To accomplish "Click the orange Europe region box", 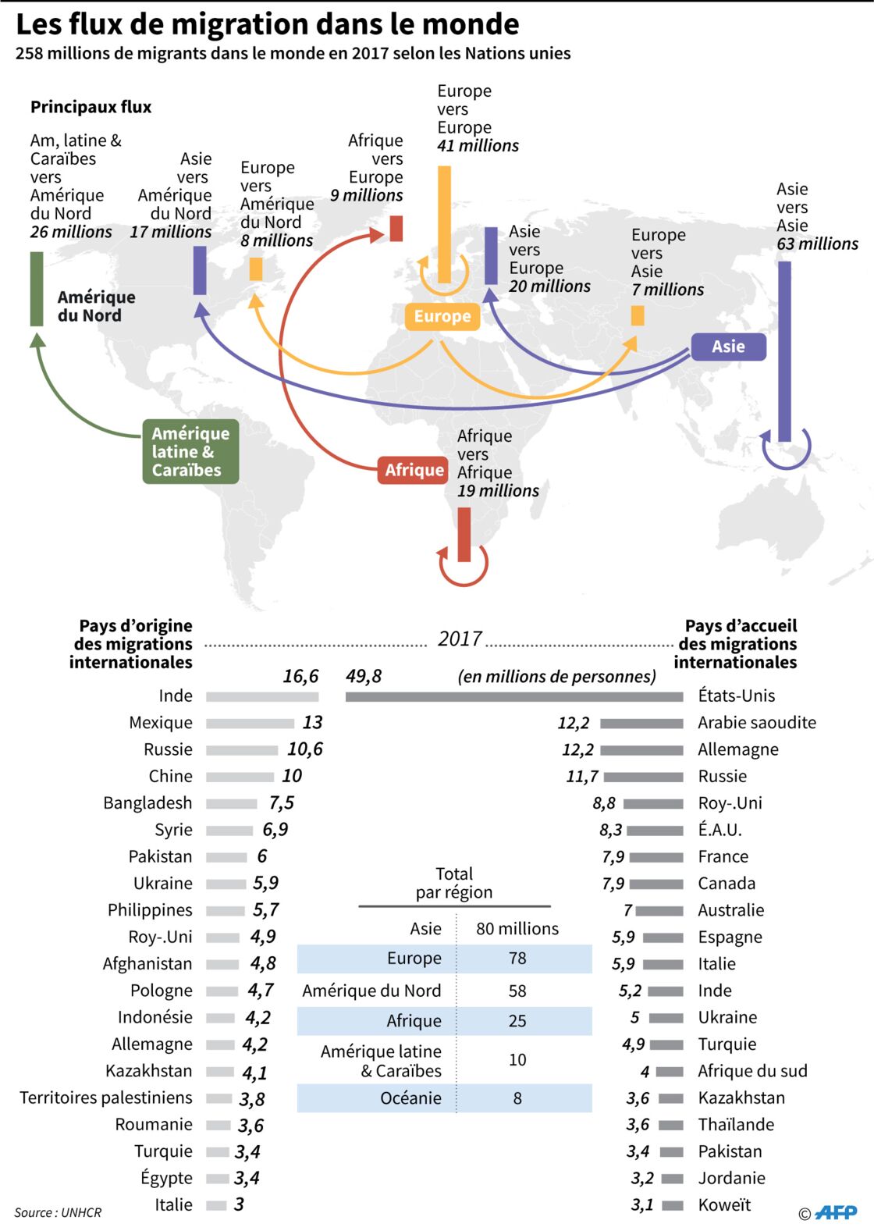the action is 442,317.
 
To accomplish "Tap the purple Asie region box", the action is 728,347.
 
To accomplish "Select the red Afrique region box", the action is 413,470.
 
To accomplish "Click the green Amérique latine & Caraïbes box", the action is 190,452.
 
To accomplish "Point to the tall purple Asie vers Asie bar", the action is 784,352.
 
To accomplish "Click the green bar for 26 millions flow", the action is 37,289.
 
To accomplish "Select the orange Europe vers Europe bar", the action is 445,224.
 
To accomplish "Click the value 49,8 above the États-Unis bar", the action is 364,676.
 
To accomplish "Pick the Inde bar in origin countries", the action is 262,697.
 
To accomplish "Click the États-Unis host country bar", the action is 514,697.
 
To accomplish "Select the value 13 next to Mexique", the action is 313,723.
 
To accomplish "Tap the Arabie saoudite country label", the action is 757,723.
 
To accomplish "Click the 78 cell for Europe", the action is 517,959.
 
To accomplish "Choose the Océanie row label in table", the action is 411,1098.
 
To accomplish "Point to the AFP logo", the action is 836,1211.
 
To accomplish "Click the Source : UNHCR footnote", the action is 58,1212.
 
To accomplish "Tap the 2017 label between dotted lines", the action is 460,639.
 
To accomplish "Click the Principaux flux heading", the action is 91,107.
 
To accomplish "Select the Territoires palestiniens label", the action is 106,1098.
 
